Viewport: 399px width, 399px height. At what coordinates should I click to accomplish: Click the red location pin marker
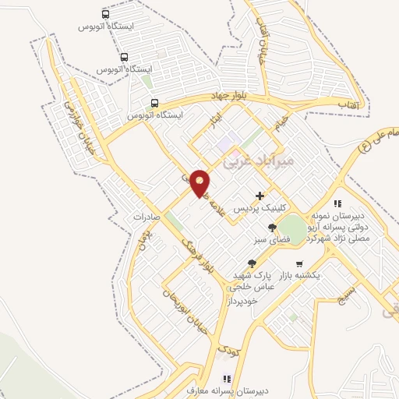point(200,182)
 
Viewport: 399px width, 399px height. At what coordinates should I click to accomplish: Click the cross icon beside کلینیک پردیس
point(260,195)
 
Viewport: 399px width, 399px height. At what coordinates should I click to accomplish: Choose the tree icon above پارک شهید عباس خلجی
point(251,264)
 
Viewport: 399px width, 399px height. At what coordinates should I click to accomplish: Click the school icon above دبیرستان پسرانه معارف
point(225,379)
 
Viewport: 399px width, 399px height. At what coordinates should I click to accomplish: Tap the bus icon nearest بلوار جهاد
point(154,103)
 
